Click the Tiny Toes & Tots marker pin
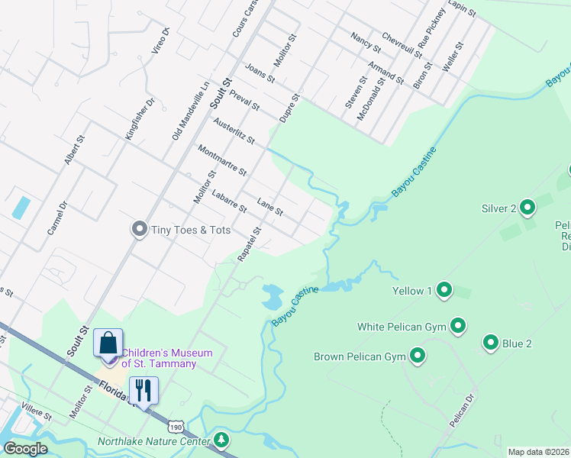click(139, 229)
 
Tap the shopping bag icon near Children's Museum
click(108, 343)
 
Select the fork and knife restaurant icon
click(144, 390)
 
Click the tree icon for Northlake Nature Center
click(221, 440)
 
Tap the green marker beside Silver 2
click(528, 207)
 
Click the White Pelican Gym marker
click(458, 326)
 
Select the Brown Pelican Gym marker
click(418, 356)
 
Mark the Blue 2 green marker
click(491, 343)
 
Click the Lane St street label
click(270, 206)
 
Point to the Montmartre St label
click(221, 160)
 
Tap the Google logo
click(26, 449)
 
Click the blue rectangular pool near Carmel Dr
click(21, 208)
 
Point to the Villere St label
click(37, 412)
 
